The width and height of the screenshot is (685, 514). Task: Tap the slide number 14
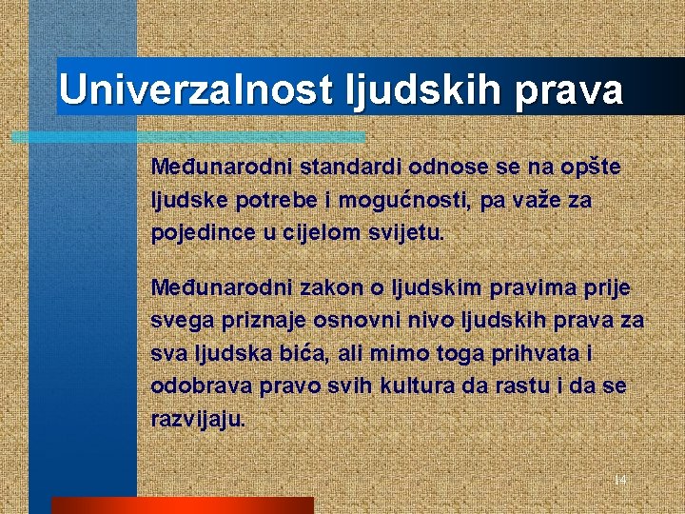tap(619, 480)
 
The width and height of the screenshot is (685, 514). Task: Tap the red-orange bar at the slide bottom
tap(181, 505)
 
